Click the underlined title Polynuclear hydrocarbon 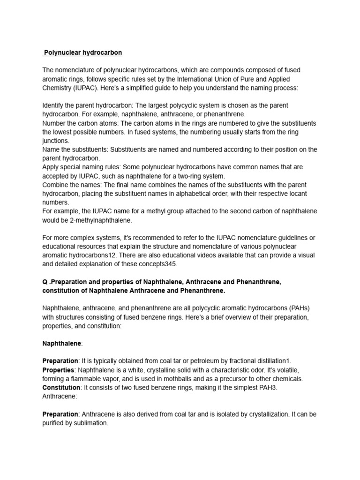point(82,52)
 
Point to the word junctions point(56,141)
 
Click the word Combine point(55,184)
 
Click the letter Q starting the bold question point(45,282)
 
